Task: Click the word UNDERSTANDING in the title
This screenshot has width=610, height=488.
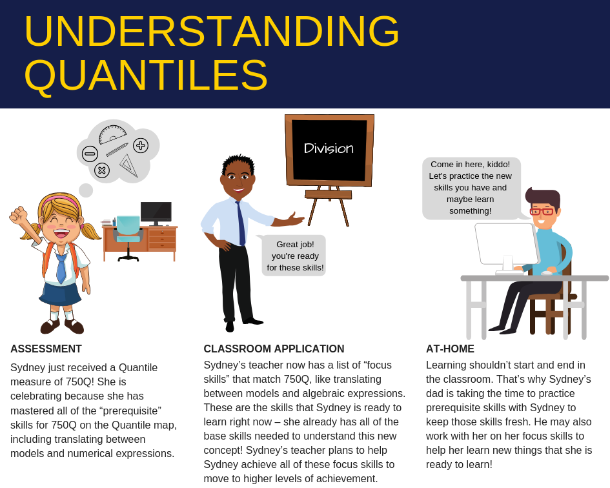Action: pyautogui.click(x=212, y=31)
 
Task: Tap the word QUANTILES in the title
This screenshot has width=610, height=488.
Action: pyautogui.click(x=146, y=75)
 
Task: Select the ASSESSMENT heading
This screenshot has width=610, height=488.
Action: pyautogui.click(x=46, y=349)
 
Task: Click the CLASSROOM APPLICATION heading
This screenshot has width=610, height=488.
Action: pyautogui.click(x=274, y=349)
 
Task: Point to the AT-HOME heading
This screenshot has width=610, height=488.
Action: pyautogui.click(x=450, y=349)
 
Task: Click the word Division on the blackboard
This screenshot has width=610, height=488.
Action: pyautogui.click(x=329, y=148)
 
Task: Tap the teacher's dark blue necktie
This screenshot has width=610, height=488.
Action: pyautogui.click(x=241, y=223)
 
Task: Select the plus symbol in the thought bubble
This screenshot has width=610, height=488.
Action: pyautogui.click(x=141, y=145)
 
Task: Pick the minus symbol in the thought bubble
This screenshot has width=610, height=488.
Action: pyautogui.click(x=90, y=154)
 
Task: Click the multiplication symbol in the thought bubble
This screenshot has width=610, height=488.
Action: pyautogui.click(x=102, y=170)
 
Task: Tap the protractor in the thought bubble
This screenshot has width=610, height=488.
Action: pyautogui.click(x=112, y=134)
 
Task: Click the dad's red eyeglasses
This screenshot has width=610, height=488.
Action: pyautogui.click(x=541, y=211)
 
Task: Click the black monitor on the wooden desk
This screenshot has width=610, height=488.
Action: pyautogui.click(x=156, y=211)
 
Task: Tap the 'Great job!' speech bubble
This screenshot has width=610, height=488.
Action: pyautogui.click(x=295, y=256)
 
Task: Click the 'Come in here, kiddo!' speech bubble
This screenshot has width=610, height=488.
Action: pyautogui.click(x=471, y=188)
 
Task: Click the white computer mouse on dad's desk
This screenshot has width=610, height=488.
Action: pyautogui.click(x=547, y=273)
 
